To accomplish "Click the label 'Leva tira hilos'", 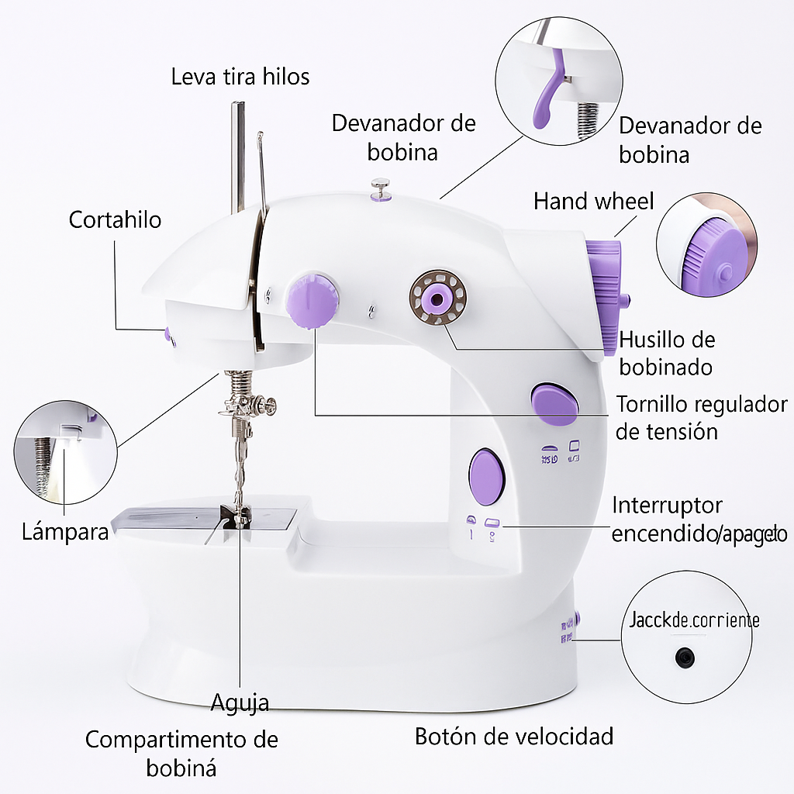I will coord(240,77).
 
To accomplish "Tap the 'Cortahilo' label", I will coord(115,219).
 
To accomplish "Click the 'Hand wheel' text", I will coord(593,202).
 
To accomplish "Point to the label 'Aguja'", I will coord(240,703).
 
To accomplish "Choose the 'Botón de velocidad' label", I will coord(514,736).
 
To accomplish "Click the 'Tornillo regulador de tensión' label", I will coord(701,417).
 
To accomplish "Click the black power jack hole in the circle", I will coord(684,658).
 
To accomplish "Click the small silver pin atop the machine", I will coord(380,187).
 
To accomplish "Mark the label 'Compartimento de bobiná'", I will coord(181,753).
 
